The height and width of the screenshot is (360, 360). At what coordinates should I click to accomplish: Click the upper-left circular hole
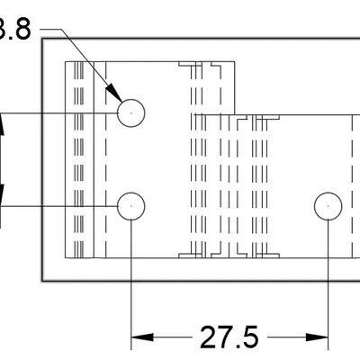[x=131, y=112]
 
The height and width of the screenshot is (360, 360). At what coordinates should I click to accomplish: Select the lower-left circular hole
[x=131, y=206]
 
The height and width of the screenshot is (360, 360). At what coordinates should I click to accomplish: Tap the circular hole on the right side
[x=328, y=206]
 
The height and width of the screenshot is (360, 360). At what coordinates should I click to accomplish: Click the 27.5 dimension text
[x=229, y=338]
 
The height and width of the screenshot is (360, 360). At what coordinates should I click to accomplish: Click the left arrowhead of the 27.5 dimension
[x=140, y=338]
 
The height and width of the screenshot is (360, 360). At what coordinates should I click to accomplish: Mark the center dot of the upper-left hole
[x=131, y=112]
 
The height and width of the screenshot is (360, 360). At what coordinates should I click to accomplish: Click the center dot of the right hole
[x=328, y=206]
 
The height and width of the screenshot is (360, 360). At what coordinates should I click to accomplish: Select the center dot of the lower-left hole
[x=131, y=206]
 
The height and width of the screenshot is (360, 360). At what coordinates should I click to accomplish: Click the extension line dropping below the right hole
[x=328, y=288]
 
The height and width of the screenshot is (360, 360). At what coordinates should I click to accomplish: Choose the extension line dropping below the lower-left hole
[x=131, y=288]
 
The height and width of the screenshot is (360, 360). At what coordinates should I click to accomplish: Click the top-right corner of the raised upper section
[x=236, y=60]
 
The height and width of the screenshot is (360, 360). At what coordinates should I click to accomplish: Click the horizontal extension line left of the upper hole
[x=54, y=112]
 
